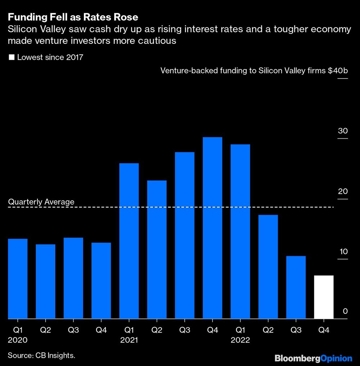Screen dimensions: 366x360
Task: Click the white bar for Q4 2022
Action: tap(324, 297)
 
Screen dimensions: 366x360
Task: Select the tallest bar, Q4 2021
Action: tap(212, 228)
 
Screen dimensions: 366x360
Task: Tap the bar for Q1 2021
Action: tap(129, 241)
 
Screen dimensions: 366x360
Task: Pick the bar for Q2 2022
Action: tap(268, 267)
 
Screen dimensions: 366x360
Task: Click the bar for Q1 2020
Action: tap(18, 279)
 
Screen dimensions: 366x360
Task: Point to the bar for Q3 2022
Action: tap(296, 287)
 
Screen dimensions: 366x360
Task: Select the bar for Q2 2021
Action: tap(157, 250)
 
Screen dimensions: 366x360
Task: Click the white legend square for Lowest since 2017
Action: tap(11, 57)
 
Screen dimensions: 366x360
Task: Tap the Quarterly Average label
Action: tap(41, 202)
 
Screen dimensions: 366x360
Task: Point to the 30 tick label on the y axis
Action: tap(343, 131)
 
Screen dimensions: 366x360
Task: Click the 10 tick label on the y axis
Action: tap(343, 251)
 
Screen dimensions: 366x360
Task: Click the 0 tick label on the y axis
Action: tap(345, 311)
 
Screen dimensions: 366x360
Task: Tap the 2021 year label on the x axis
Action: tap(129, 340)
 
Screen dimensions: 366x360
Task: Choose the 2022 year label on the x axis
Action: tap(240, 340)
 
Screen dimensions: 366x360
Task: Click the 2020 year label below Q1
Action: tap(18, 340)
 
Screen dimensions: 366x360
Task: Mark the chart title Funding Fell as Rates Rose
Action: tap(73, 17)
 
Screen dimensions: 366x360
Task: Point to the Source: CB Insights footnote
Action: tap(41, 356)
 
